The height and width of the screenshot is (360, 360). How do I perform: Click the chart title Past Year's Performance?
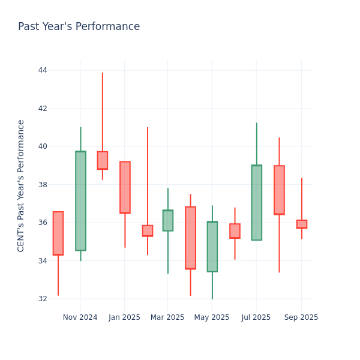pos(79,27)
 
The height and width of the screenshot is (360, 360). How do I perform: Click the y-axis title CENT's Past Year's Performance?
pos(21,185)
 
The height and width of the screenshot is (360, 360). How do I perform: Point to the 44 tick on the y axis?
pos(43,70)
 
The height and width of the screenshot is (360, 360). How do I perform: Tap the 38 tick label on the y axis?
pos(43,185)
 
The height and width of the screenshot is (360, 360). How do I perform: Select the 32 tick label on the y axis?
pos(43,299)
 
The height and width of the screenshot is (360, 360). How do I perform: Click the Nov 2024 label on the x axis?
pos(80,317)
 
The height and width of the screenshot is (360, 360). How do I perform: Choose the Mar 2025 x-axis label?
pos(167,317)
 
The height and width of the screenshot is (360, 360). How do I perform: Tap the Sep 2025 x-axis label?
pos(301,317)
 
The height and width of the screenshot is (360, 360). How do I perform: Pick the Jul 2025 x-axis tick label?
pos(256,317)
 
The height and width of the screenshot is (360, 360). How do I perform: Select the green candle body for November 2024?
pos(80,201)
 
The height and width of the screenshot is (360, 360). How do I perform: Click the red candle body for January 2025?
pos(125,187)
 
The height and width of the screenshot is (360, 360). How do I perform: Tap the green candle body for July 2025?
pos(256,203)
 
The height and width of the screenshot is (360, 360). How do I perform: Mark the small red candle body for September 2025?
pos(302,224)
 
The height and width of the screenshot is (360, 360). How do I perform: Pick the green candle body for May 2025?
pos(212,247)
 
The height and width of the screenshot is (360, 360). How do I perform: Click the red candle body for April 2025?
pos(190,238)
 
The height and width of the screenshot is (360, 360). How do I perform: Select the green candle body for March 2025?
pos(167,220)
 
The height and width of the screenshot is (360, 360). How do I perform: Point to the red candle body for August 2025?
pos(279,190)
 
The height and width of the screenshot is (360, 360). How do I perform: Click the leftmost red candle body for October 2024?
pos(58,233)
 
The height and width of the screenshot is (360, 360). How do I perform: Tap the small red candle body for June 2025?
pos(235,231)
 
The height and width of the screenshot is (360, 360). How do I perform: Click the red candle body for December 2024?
pos(103,160)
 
